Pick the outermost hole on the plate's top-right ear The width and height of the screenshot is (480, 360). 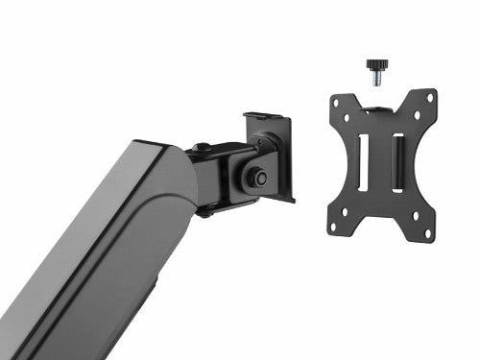(x=430, y=98)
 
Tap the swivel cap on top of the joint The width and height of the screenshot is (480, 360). (x=203, y=149)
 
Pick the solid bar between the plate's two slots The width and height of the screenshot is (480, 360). (x=379, y=158)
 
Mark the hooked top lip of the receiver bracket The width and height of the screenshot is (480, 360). (x=263, y=117)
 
